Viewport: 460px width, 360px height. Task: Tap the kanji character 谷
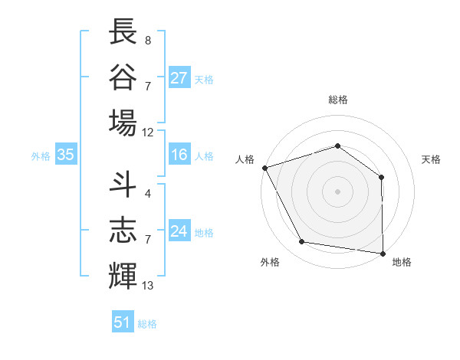(123, 77)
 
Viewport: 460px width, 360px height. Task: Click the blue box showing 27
(179, 78)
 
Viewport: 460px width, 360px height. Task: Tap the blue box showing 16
(179, 155)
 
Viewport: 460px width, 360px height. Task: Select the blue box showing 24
(179, 231)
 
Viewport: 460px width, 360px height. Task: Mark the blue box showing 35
(66, 155)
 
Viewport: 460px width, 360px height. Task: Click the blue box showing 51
(123, 322)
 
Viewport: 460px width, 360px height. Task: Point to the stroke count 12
(148, 132)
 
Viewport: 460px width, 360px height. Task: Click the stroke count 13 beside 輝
(148, 286)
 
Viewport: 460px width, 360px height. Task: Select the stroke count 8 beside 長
(148, 40)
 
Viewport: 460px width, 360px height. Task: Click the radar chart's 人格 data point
(264, 168)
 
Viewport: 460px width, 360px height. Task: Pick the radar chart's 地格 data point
(383, 253)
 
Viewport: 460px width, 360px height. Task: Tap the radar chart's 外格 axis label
(270, 262)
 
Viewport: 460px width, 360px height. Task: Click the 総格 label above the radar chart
(337, 100)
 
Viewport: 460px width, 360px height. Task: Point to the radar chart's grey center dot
(337, 191)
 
